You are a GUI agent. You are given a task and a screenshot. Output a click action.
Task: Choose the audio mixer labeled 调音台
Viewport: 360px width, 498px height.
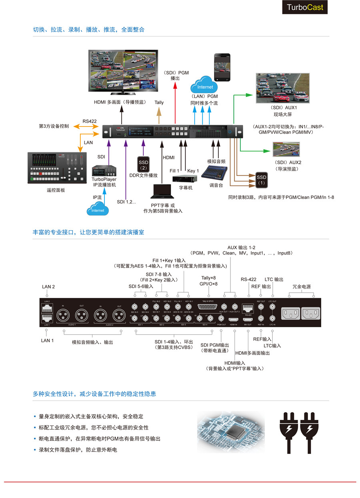(213, 173)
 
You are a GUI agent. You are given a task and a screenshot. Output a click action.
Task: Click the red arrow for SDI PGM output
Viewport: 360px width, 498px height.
(175, 102)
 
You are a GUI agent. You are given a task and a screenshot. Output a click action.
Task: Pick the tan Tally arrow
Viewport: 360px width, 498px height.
(159, 116)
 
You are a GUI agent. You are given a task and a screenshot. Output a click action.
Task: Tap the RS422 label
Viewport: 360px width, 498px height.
(90, 120)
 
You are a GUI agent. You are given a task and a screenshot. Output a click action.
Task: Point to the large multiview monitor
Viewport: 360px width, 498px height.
(123, 71)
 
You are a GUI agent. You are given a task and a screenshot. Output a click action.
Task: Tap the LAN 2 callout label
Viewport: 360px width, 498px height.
(48, 287)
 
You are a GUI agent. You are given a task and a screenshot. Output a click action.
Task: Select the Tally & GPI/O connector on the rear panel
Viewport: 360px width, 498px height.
(208, 307)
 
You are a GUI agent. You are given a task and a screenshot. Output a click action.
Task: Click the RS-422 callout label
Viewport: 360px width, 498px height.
(248, 279)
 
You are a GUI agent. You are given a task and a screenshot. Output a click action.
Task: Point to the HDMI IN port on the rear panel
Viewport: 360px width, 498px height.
(234, 320)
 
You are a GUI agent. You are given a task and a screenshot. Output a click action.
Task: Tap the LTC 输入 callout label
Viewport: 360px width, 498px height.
(272, 345)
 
